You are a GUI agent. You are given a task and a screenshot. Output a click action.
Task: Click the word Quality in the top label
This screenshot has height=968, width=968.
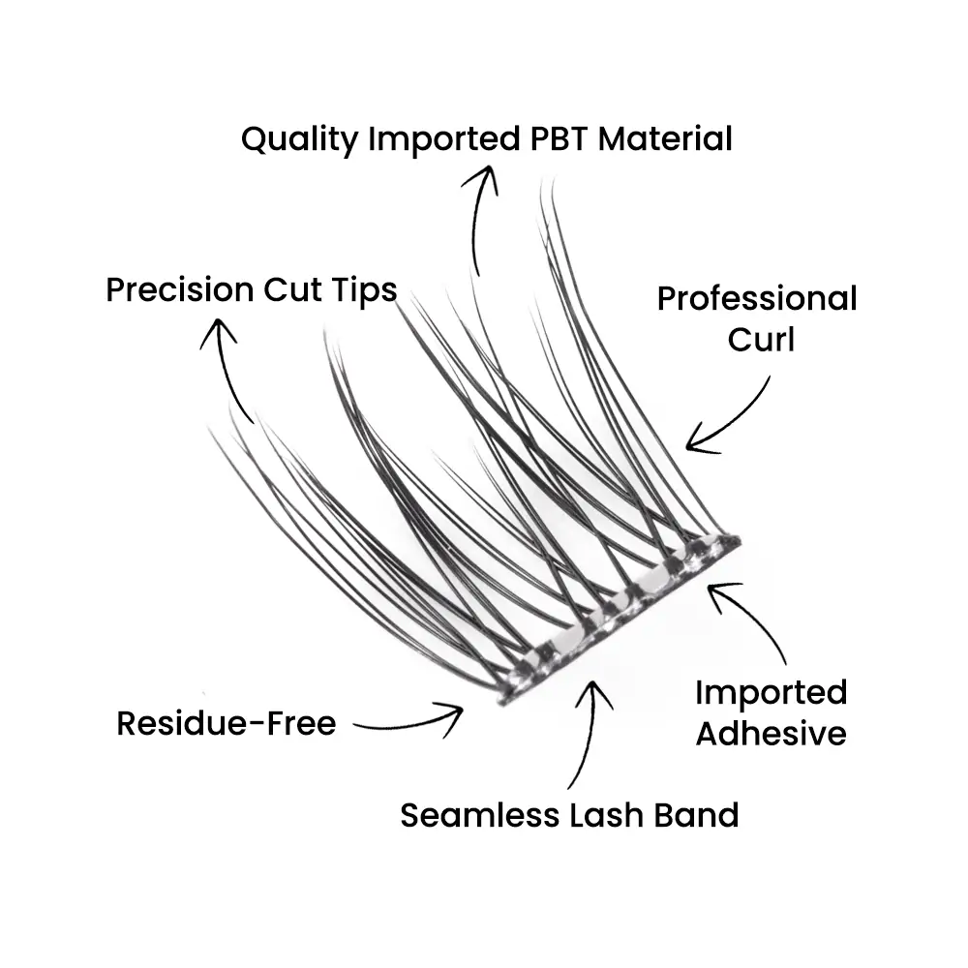pyautogui.click(x=299, y=139)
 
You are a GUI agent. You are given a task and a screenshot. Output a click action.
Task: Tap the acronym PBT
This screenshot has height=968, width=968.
pyautogui.click(x=559, y=138)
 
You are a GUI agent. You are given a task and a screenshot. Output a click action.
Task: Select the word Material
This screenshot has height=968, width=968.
pyautogui.click(x=666, y=138)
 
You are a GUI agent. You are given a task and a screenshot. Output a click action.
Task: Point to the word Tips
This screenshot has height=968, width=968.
pyautogui.click(x=364, y=290)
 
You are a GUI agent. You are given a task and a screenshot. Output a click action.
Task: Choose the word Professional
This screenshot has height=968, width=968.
pyautogui.click(x=757, y=299)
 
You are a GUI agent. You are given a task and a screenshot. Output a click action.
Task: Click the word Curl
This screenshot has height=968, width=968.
pyautogui.click(x=761, y=340)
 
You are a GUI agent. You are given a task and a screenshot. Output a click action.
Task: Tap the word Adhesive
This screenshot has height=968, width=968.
pyautogui.click(x=771, y=734)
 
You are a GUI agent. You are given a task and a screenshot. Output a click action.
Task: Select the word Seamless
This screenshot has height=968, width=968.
pyautogui.click(x=479, y=815)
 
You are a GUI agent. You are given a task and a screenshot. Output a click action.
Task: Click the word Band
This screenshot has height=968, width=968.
pyautogui.click(x=696, y=815)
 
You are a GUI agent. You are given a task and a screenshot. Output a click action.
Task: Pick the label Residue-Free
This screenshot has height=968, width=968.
pyautogui.click(x=227, y=723)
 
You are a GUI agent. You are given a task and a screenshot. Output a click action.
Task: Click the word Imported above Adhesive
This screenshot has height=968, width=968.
pyautogui.click(x=771, y=693)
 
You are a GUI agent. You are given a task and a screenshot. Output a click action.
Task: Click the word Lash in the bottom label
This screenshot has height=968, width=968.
pyautogui.click(x=606, y=815)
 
